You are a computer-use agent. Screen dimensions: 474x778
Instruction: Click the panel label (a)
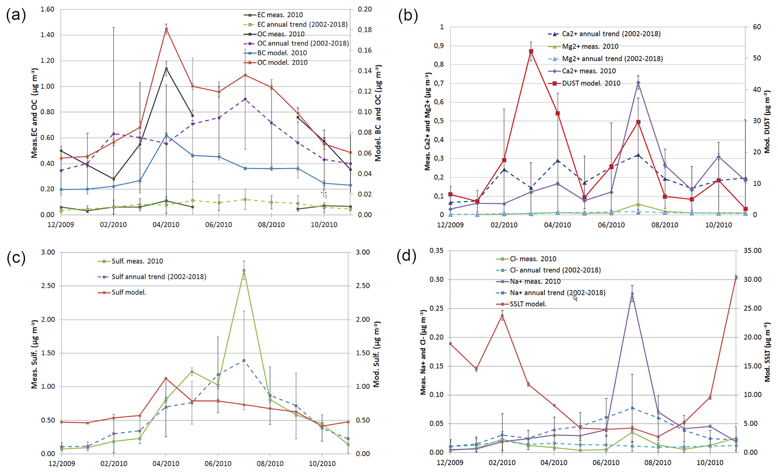tap(16, 15)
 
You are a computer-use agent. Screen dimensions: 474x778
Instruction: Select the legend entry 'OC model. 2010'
tap(282, 62)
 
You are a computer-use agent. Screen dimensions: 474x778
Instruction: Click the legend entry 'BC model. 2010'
tap(282, 53)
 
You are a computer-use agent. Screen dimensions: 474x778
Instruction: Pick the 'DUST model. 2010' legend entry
tap(591, 83)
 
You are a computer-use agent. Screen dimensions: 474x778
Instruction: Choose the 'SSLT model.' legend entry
tap(528, 304)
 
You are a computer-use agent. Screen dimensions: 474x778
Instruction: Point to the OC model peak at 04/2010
tap(166, 29)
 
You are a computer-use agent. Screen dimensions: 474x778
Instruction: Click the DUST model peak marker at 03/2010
tap(531, 51)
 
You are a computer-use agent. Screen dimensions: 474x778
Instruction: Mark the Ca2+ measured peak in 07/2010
tap(638, 83)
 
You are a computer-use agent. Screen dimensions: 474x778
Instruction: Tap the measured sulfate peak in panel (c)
tap(244, 270)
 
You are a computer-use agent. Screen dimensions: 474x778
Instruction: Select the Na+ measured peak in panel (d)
tap(632, 294)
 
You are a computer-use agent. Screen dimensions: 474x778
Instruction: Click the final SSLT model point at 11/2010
tap(736, 278)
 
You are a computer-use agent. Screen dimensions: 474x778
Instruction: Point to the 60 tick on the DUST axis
tap(757, 27)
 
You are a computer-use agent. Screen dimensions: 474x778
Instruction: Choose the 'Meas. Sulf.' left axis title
tap(35, 354)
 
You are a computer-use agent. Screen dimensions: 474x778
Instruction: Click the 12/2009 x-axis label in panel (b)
tap(450, 225)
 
